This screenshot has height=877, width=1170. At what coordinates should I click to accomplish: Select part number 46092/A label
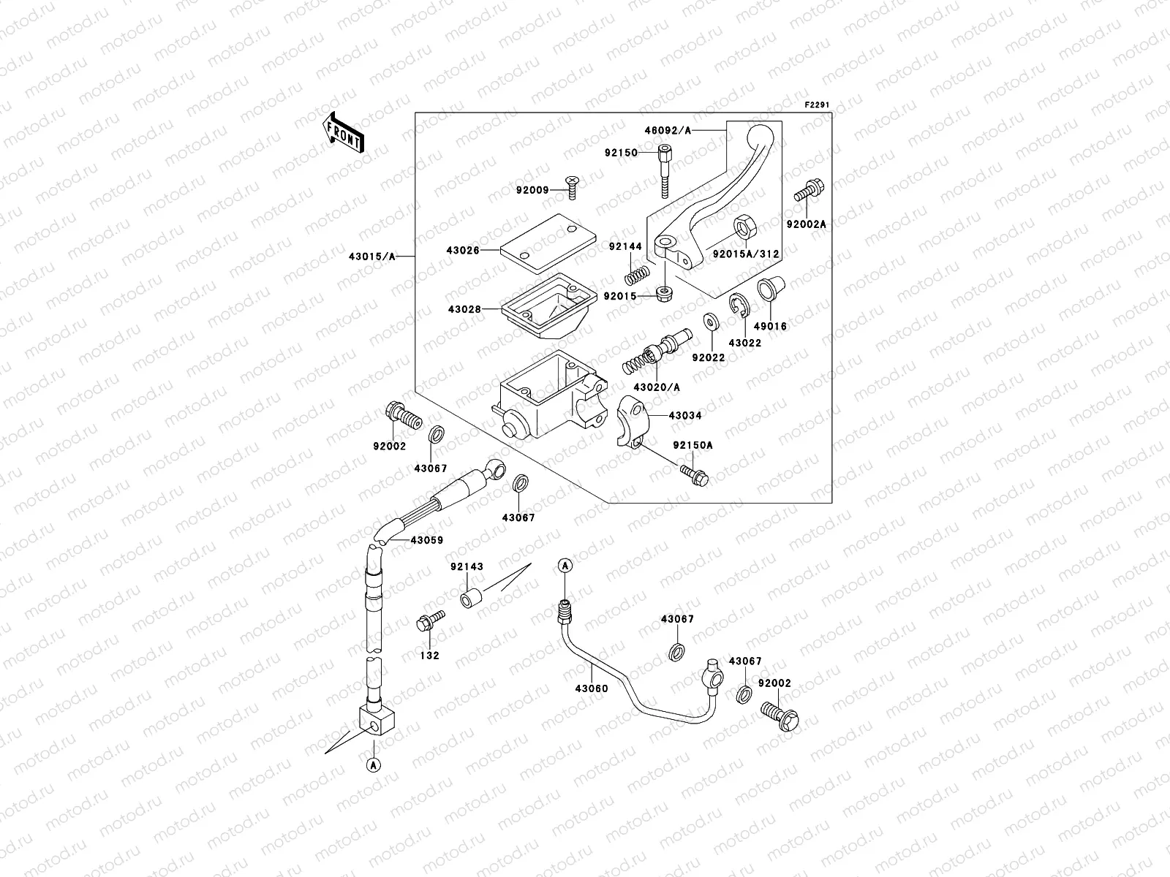(667, 130)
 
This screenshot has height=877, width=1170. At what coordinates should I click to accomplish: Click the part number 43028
(464, 309)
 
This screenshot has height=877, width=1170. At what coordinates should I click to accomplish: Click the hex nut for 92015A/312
(745, 229)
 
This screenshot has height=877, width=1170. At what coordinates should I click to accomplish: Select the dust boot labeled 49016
(769, 289)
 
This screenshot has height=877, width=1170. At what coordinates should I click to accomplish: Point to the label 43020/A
(656, 387)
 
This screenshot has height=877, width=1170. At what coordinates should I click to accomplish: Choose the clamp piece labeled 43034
(630, 421)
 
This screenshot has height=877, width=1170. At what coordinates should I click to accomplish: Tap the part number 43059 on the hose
(426, 541)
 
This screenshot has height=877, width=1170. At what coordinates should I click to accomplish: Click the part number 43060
(591, 689)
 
